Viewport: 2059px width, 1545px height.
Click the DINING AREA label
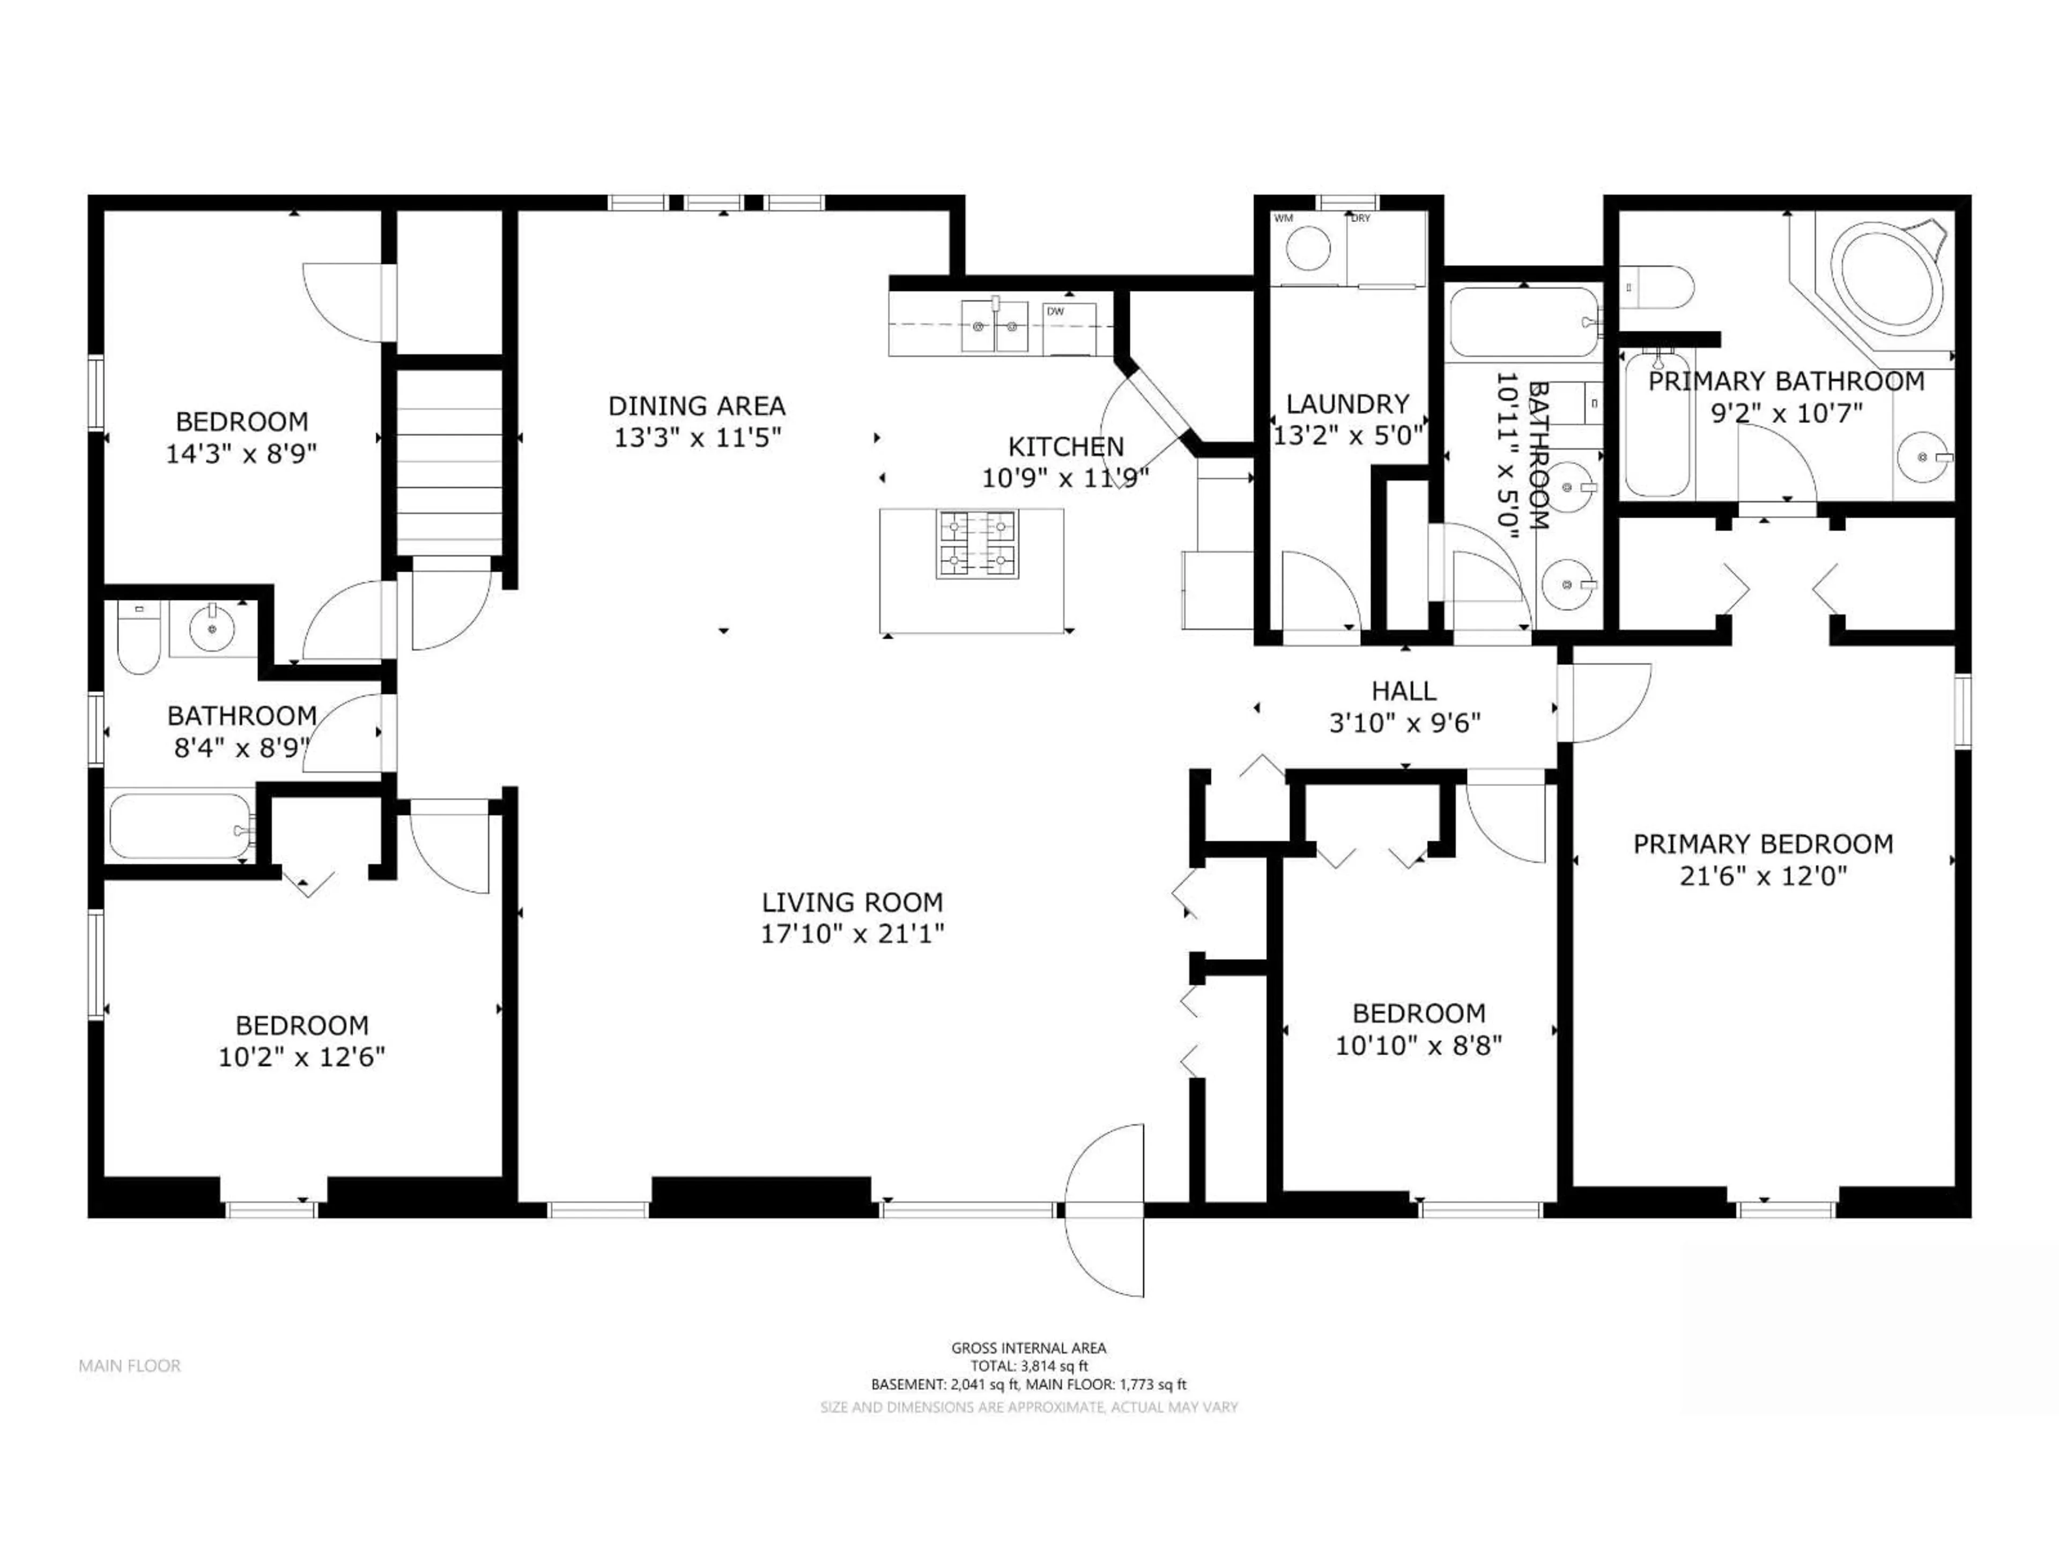697,406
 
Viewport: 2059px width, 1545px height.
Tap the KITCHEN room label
1066,447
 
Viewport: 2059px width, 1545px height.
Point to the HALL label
1404,691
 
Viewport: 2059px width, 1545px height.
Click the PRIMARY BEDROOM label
1763,845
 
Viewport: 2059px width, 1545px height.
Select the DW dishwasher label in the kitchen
1056,311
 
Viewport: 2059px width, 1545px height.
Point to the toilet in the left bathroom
139,639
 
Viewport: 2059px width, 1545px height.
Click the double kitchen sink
994,326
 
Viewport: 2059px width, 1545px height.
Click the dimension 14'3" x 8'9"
241,454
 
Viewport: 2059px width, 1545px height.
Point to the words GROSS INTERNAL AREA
1028,1348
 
